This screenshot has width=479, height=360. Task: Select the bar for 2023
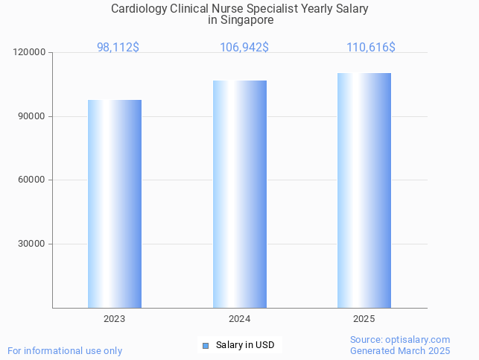tap(115, 203)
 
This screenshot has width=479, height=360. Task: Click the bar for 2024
tap(240, 194)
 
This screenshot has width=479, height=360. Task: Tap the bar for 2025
tap(364, 190)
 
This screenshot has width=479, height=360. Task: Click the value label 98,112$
tap(118, 47)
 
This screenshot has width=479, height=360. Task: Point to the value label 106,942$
tap(244, 47)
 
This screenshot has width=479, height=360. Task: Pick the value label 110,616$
tap(370, 47)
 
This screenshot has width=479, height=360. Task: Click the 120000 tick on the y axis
tap(30, 53)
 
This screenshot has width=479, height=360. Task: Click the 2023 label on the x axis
tap(115, 318)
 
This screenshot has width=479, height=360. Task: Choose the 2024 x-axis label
tap(240, 318)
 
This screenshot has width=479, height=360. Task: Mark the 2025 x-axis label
tap(364, 318)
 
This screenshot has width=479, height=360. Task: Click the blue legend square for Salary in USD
tap(206, 345)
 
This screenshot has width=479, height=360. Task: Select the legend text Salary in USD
tap(245, 345)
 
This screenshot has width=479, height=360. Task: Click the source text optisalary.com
tap(400, 339)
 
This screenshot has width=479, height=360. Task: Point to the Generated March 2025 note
tap(400, 350)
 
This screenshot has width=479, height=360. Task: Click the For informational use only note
tap(65, 350)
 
